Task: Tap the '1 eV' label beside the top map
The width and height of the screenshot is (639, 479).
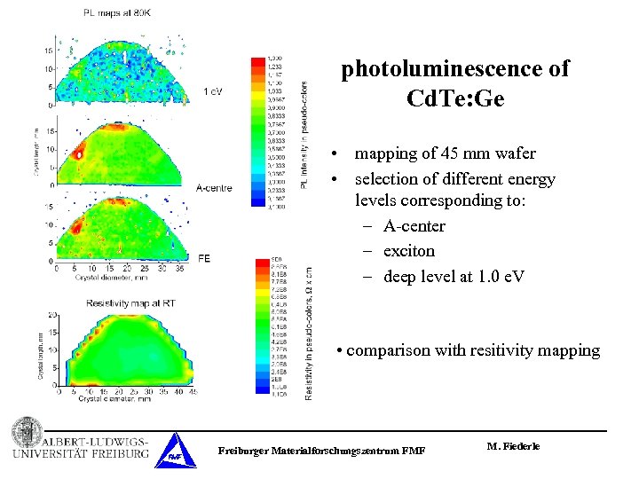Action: [x=213, y=91]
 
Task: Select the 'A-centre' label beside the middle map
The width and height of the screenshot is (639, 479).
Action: [x=216, y=187]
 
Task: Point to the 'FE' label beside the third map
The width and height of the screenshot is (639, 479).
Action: [x=204, y=258]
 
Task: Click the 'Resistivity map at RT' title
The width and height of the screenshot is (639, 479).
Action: [x=130, y=303]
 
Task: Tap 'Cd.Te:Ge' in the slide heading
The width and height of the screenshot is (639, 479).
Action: [x=454, y=98]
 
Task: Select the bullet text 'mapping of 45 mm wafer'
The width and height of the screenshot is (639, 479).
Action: [x=445, y=154]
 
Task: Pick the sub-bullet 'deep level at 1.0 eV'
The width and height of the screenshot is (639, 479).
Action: [x=454, y=276]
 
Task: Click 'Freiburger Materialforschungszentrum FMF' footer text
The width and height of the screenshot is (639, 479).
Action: [x=321, y=452]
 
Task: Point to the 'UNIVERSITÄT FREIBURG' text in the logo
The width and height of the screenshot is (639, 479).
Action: [x=81, y=454]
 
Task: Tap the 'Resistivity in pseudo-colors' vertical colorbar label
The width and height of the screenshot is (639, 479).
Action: [x=308, y=333]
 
